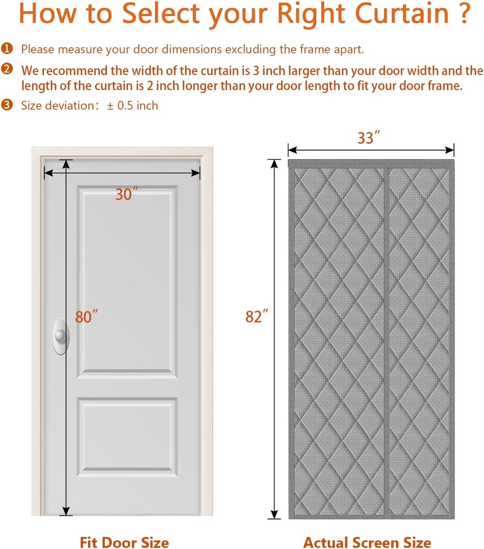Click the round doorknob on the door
tap(61, 337)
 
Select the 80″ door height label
tap(86, 317)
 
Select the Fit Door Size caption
tap(124, 542)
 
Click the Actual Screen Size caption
tap(367, 542)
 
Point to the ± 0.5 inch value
tap(132, 105)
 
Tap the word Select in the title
tap(161, 14)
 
